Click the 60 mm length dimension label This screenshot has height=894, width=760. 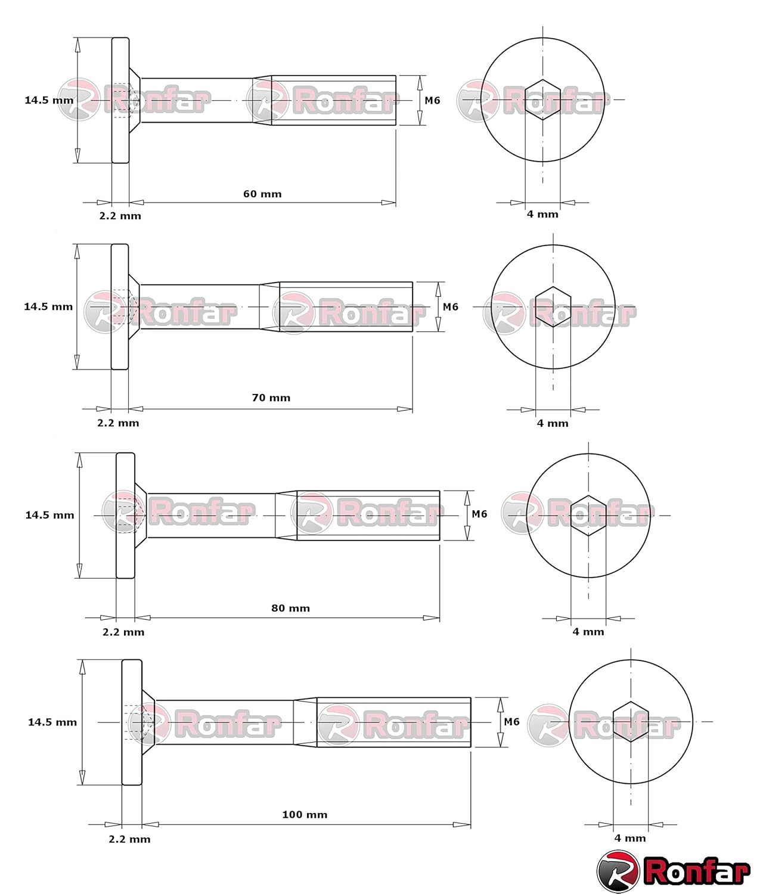click(x=262, y=194)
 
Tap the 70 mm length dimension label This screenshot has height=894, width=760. click(x=271, y=398)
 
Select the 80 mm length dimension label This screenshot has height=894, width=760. click(x=290, y=608)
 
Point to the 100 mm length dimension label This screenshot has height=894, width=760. click(x=305, y=814)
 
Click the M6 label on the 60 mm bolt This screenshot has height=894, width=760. click(x=432, y=100)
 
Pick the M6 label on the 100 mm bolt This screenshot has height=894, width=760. click(x=511, y=721)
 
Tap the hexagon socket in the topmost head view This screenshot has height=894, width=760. click(x=542, y=100)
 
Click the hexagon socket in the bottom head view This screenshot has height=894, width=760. click(x=631, y=722)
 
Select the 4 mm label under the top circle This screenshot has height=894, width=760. click(x=542, y=214)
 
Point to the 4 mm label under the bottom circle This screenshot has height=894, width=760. click(x=630, y=838)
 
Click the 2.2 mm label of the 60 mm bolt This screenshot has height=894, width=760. click(x=120, y=216)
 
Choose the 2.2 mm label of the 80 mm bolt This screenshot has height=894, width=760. click(x=123, y=632)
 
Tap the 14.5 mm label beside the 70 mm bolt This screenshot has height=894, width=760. click(x=48, y=306)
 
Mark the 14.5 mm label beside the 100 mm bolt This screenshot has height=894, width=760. click(x=52, y=722)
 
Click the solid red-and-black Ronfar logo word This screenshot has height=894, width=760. click(x=696, y=871)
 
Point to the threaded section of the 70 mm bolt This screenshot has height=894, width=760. click(x=346, y=306)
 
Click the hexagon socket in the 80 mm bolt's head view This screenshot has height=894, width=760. click(x=588, y=515)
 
